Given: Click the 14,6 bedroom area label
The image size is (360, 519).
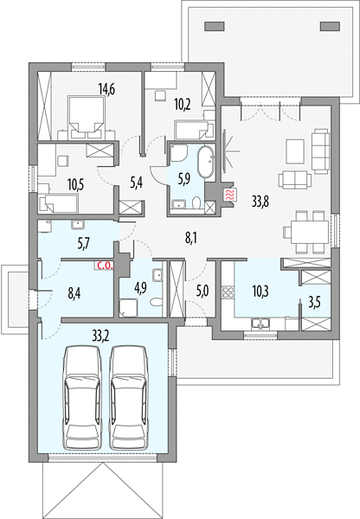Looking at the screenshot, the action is tap(106, 89).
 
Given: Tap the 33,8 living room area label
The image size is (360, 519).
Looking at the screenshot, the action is tap(260, 201).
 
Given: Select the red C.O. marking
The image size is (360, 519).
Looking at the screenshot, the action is tap(105, 266).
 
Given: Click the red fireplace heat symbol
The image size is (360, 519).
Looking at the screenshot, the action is tap(230, 195).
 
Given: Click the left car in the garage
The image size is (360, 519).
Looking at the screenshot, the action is tap(82, 398).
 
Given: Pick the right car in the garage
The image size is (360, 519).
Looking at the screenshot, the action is tap(128, 398).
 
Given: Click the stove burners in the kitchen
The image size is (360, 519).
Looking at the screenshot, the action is tap(228, 292).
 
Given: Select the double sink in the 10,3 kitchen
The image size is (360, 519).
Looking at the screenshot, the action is tap(260, 324).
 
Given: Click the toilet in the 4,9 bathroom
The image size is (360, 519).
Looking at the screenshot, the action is tap(156, 302).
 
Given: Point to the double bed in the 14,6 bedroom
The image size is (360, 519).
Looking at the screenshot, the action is tap(87, 117).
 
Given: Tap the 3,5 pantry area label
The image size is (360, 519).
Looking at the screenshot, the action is tap(315, 303).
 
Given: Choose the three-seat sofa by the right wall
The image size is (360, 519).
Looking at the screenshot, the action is tap(320, 151).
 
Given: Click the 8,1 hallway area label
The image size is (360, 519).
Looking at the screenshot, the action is tap(190, 238).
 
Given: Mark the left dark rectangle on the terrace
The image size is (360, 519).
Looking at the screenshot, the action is tap(215, 26).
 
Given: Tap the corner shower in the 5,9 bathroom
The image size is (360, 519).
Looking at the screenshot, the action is tap(179, 153).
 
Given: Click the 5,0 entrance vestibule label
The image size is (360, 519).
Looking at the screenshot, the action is tap(202, 292).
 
